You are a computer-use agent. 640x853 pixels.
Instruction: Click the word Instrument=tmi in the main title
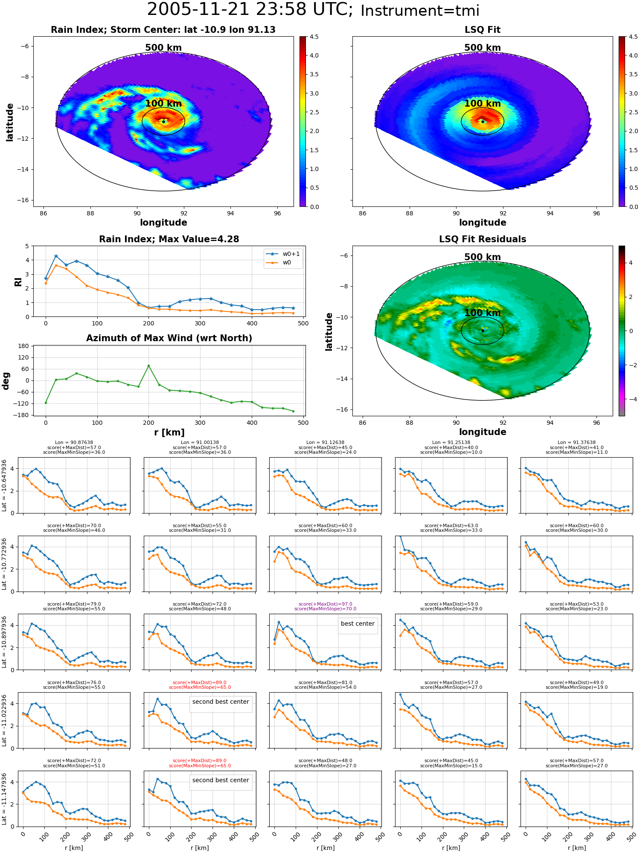click(x=420, y=11)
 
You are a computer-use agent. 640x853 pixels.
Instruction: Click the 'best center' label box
click(x=358, y=624)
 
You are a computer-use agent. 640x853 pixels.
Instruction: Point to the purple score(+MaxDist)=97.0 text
click(x=325, y=604)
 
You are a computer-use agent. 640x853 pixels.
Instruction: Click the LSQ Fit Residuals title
click(x=483, y=239)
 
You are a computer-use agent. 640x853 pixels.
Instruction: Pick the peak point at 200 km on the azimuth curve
click(x=148, y=366)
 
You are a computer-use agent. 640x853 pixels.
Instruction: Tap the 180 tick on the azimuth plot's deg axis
click(x=23, y=346)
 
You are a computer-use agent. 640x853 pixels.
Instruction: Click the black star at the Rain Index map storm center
click(x=163, y=121)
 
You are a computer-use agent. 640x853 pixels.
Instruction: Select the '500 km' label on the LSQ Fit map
click(x=483, y=48)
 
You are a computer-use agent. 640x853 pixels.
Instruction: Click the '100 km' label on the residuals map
click(x=483, y=313)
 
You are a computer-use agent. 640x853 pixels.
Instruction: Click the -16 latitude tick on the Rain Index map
click(x=24, y=200)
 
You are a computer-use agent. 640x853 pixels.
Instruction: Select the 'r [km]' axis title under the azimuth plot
click(x=169, y=432)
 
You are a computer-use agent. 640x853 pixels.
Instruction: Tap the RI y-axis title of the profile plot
click(x=18, y=281)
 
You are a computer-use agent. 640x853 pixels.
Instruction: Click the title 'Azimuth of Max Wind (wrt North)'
click(x=169, y=338)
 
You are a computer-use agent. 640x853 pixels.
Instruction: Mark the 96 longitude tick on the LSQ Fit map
click(x=596, y=213)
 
